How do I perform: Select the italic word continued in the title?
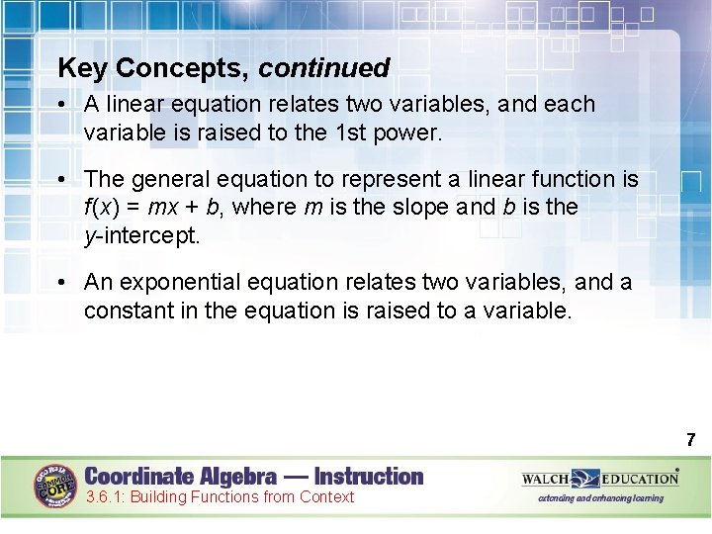[324, 68]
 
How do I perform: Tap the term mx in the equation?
[162, 207]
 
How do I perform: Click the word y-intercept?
[140, 234]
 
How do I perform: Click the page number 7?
[690, 439]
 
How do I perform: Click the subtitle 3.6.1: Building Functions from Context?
[219, 496]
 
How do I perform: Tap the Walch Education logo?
[600, 479]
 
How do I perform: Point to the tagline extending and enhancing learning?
[600, 498]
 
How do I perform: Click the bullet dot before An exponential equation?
[62, 283]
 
